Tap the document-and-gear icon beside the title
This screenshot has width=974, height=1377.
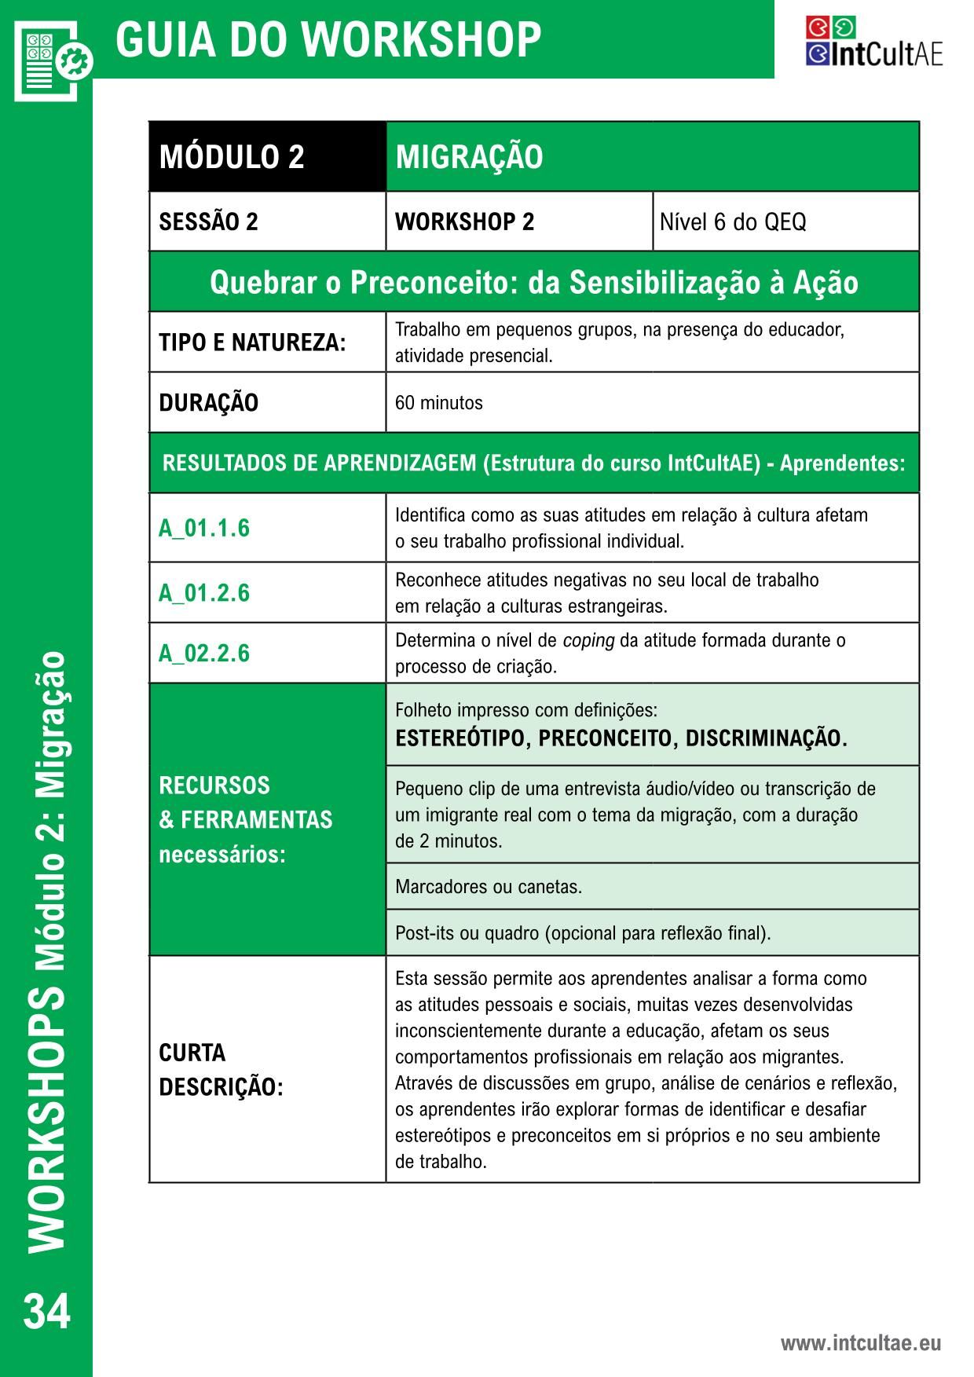tap(52, 60)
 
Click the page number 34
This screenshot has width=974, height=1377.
tap(47, 1311)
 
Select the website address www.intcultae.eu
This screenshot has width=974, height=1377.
tap(860, 1343)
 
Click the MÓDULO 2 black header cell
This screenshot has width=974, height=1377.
tap(232, 157)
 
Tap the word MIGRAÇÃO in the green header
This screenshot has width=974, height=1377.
tap(469, 157)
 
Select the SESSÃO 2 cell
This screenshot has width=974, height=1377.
tap(208, 222)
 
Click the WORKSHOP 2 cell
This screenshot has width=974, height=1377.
tap(464, 222)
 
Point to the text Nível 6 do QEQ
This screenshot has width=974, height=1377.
tap(732, 222)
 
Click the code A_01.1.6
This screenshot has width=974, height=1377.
tap(204, 528)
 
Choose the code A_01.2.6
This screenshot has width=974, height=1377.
tap(204, 592)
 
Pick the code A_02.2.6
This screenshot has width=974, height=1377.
tap(204, 653)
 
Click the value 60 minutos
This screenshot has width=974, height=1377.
tap(438, 403)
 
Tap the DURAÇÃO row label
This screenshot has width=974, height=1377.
tap(208, 403)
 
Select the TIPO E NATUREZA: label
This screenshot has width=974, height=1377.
tap(252, 342)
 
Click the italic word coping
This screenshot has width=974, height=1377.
tap(588, 640)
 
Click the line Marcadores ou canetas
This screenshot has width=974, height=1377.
tap(488, 887)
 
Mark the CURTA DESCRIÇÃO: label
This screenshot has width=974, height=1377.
tap(221, 1070)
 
